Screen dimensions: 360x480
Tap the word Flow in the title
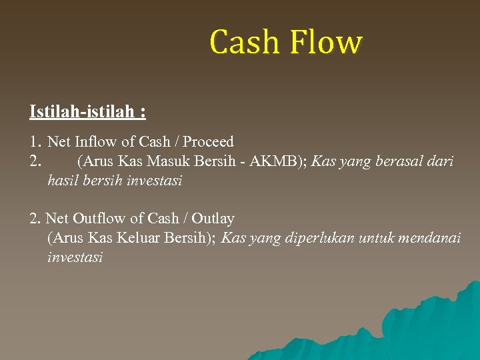point(327,42)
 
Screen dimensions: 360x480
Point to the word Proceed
point(208,141)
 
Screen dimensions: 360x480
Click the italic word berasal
point(395,161)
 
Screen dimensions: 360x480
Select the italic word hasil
point(64,180)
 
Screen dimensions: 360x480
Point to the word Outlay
point(212,218)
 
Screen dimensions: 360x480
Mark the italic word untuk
point(377,237)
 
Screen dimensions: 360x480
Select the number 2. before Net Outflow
point(35,218)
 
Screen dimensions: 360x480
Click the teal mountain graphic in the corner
point(427,327)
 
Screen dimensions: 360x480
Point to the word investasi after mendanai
point(75,257)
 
